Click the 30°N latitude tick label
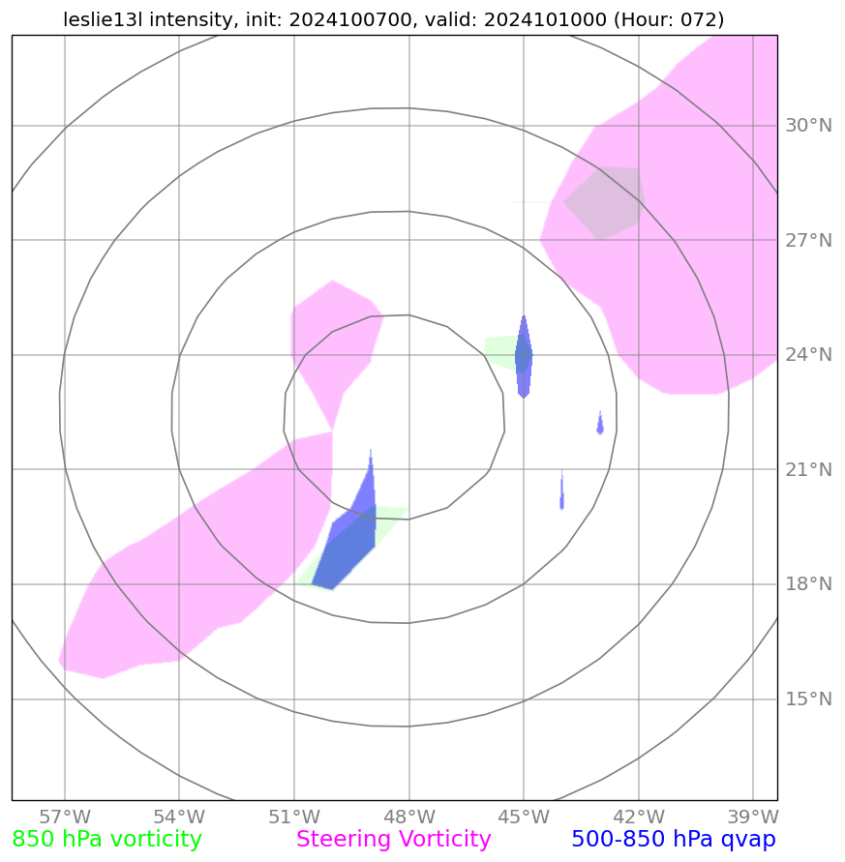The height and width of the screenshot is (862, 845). coord(807,126)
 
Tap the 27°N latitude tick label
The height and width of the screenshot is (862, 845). coord(807,240)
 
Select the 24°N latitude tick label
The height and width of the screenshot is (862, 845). coord(807,355)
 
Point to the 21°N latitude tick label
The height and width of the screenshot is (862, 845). coord(807,470)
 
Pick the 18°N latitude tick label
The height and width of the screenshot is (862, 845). coord(807,584)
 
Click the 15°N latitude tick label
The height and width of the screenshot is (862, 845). coord(807,699)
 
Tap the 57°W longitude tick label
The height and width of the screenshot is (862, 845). coord(65,816)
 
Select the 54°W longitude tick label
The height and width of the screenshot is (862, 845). coord(179,816)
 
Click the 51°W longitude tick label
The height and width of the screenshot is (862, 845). coord(293,816)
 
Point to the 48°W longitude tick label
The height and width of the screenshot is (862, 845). coord(408,816)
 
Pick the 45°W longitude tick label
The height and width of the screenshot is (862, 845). coord(524,816)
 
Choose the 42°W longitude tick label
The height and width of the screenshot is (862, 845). coord(638,816)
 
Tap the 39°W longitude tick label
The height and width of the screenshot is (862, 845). coord(753,816)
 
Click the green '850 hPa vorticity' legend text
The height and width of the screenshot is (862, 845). coord(107,840)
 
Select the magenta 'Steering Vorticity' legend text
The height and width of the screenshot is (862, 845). coord(394,840)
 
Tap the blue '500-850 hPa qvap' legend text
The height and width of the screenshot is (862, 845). coord(674,840)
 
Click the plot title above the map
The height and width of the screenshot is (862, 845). coord(394,19)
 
